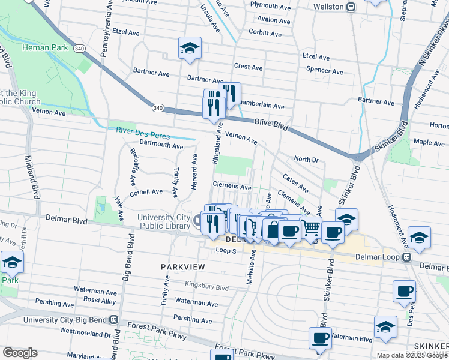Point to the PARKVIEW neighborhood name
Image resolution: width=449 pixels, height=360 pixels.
183,266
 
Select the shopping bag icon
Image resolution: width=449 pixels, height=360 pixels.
273,230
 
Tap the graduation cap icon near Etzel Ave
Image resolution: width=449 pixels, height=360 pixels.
190,48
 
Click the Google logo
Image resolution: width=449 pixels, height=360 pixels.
20,353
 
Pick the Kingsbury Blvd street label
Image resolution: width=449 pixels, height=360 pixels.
207,287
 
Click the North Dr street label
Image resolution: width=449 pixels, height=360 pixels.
306,159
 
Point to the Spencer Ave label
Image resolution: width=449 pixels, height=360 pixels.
324,71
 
